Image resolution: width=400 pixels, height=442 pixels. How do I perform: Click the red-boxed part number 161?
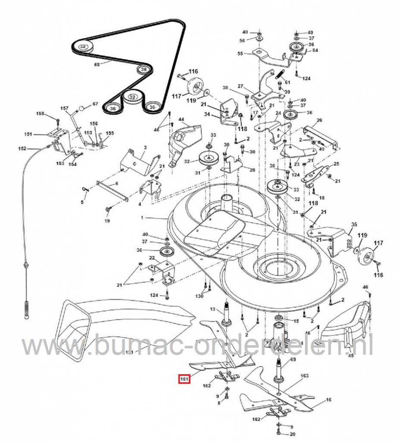click(x=184, y=379)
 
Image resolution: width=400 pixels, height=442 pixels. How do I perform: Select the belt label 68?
click(x=97, y=65)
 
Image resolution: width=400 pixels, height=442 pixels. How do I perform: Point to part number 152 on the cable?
click(x=22, y=148)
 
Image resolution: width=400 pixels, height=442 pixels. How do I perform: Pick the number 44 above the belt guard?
click(x=181, y=119)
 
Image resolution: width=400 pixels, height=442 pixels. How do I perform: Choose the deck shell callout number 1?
click(x=163, y=219)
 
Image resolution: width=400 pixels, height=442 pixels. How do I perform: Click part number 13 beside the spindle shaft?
click(x=212, y=309)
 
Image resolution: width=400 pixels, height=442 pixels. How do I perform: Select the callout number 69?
click(x=293, y=359)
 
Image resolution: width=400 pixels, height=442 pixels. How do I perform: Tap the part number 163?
click(x=304, y=376)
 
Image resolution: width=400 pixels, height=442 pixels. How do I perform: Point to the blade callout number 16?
click(x=329, y=400)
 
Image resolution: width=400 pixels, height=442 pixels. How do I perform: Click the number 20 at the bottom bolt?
click(x=292, y=434)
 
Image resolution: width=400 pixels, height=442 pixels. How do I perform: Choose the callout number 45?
click(x=350, y=356)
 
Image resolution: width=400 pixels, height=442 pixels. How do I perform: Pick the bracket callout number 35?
click(x=354, y=224)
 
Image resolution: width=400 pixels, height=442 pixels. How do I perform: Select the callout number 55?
click(x=241, y=54)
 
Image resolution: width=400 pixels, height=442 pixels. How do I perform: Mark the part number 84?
click(x=316, y=51)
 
